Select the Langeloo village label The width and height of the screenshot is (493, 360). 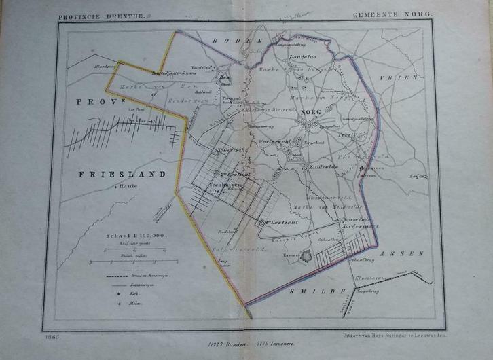click(302, 57)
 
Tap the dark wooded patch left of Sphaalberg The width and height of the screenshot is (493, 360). click(308, 257)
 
